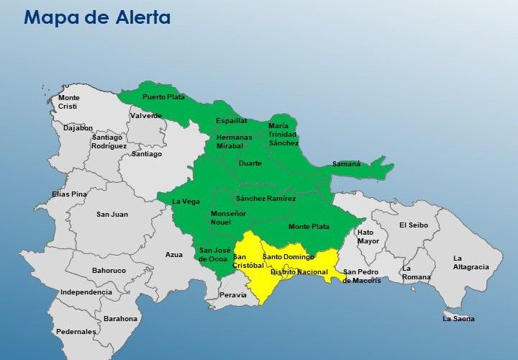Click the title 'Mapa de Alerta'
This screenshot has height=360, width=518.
pyautogui.click(x=97, y=18)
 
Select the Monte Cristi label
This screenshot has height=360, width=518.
pyautogui.click(x=69, y=102)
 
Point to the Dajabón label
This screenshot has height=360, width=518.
pyautogui.click(x=78, y=128)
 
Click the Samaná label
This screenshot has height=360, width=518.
pyautogui.click(x=346, y=164)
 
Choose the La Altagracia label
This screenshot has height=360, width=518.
pyautogui.click(x=471, y=263)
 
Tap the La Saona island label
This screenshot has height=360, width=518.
pyautogui.click(x=458, y=318)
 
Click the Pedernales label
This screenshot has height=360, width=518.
pyautogui.click(x=76, y=332)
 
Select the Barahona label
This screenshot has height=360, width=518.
pyautogui.click(x=120, y=318)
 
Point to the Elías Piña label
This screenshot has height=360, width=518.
pyautogui.click(x=69, y=194)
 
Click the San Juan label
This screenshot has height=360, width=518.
pyautogui.click(x=112, y=215)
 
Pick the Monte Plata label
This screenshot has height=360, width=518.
pyautogui.click(x=309, y=227)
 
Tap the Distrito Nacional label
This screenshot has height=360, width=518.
pyautogui.click(x=299, y=272)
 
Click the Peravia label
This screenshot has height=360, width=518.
pyautogui.click(x=232, y=295)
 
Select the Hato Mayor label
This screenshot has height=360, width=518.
pyautogui.click(x=368, y=237)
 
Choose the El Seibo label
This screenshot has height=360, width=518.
pyautogui.click(x=414, y=225)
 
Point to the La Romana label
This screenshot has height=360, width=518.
pyautogui.click(x=417, y=273)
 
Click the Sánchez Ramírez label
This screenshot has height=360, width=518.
pyautogui.click(x=265, y=199)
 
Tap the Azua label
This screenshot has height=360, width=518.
pyautogui.click(x=174, y=254)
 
